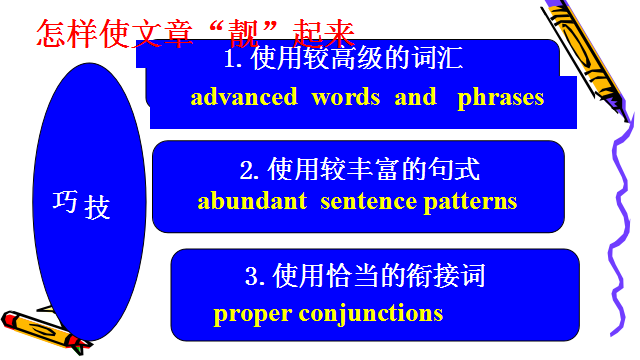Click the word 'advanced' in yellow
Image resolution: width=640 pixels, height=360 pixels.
[x=244, y=97]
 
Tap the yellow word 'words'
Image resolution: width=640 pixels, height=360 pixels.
[x=346, y=97]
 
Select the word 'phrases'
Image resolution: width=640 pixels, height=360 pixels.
[x=501, y=99]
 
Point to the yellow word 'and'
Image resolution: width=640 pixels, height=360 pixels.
[x=416, y=97]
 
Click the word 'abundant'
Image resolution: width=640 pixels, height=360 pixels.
[x=252, y=201]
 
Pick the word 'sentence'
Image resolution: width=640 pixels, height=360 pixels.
[x=368, y=202]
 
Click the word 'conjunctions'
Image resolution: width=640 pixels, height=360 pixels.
[x=371, y=314]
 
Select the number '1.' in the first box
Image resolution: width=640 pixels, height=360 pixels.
[x=233, y=59]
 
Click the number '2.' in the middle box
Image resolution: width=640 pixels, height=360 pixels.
[x=249, y=169]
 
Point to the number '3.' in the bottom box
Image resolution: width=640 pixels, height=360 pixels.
[x=255, y=276]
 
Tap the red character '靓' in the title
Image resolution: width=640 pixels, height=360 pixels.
[x=244, y=33]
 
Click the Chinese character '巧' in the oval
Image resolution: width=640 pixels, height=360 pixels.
[x=65, y=201]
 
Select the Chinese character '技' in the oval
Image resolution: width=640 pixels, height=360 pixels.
[x=97, y=207]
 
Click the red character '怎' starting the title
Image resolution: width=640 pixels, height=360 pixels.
[x=51, y=33]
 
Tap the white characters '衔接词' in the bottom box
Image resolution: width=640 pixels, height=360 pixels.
[x=446, y=276]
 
